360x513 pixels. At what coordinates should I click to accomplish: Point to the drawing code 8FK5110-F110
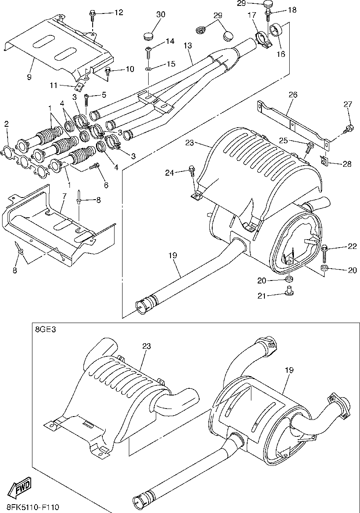[x=32, y=507]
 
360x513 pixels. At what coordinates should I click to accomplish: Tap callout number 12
[x=119, y=12]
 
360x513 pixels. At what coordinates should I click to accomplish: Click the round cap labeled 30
[x=149, y=35]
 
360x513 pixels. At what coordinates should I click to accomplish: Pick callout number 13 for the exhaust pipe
[x=187, y=45]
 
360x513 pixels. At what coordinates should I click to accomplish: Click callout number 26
[x=293, y=94]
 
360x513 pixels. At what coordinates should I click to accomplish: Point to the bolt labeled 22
[x=325, y=254]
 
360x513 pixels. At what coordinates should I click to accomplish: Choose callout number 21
[x=261, y=296]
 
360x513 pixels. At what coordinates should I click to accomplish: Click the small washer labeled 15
[x=149, y=69]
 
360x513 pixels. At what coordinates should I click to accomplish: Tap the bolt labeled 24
[x=192, y=173]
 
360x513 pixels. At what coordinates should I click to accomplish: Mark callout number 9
[x=29, y=77]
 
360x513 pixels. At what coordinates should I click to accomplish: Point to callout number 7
[x=64, y=195]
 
